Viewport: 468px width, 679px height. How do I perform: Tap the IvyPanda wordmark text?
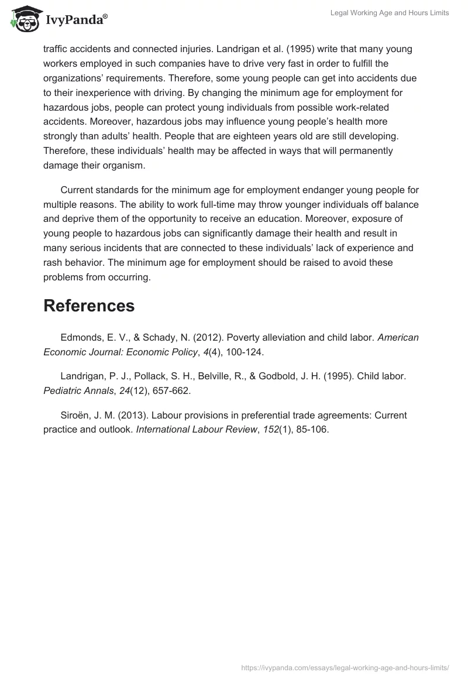76,21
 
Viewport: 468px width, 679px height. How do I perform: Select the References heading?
89,306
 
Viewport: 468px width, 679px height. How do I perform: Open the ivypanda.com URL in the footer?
345,667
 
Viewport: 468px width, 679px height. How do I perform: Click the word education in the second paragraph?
315,219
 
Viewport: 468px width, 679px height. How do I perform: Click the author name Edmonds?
81,338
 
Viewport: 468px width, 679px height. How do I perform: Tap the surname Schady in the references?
165,338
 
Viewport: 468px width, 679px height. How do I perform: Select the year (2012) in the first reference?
205,338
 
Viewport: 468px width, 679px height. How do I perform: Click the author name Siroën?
75,415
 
